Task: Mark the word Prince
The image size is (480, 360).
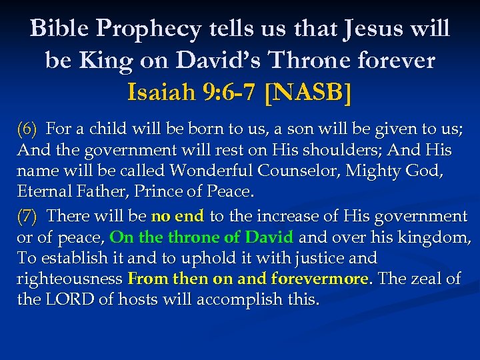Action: point(159,192)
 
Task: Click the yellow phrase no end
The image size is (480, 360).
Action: point(177,216)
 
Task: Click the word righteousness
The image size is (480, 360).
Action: point(69,279)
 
